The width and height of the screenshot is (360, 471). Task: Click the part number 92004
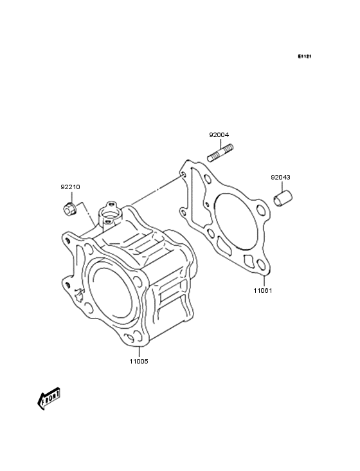219,135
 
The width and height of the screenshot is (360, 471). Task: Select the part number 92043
280,177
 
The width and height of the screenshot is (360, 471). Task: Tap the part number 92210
70,187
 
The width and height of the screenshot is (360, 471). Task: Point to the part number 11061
263,290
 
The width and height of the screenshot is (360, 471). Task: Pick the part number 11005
139,362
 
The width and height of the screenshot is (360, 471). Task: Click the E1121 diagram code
305,56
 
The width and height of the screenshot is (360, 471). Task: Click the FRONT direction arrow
49,398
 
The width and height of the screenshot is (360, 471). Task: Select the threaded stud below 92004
221,153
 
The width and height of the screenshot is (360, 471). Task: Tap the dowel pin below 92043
283,198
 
